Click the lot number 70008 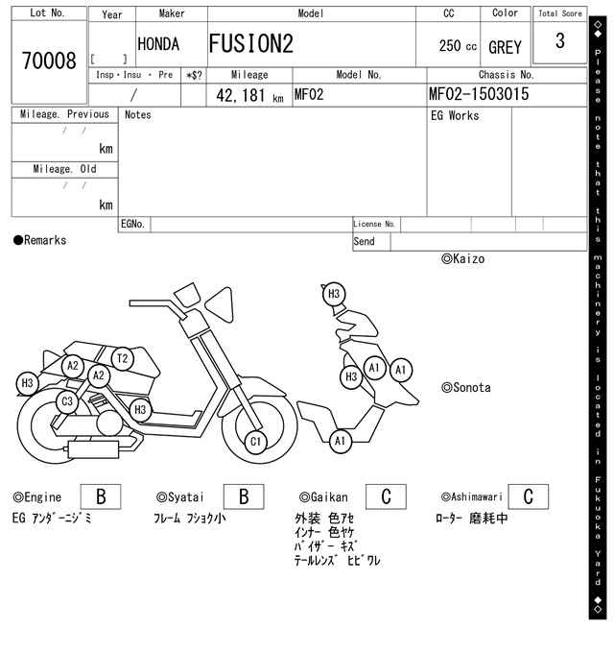pyautogui.click(x=49, y=60)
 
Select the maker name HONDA pyautogui.click(x=158, y=44)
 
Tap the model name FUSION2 pyautogui.click(x=250, y=44)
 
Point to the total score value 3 pyautogui.click(x=560, y=40)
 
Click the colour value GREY pyautogui.click(x=505, y=47)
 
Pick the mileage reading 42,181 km pyautogui.click(x=249, y=96)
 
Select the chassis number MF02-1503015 pyautogui.click(x=479, y=94)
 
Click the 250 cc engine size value pyautogui.click(x=458, y=45)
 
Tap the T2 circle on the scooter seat pyautogui.click(x=122, y=358)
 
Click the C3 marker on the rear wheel pyautogui.click(x=67, y=401)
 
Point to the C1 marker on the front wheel pyautogui.click(x=255, y=442)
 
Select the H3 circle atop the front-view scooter pyautogui.click(x=334, y=294)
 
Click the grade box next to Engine pyautogui.click(x=101, y=496)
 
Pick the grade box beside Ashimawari pyautogui.click(x=529, y=496)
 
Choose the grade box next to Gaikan pyautogui.click(x=386, y=496)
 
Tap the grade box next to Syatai pyautogui.click(x=244, y=496)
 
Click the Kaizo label pyautogui.click(x=463, y=259)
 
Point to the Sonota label pyautogui.click(x=466, y=388)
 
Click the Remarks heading pyautogui.click(x=40, y=240)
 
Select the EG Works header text pyautogui.click(x=455, y=116)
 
